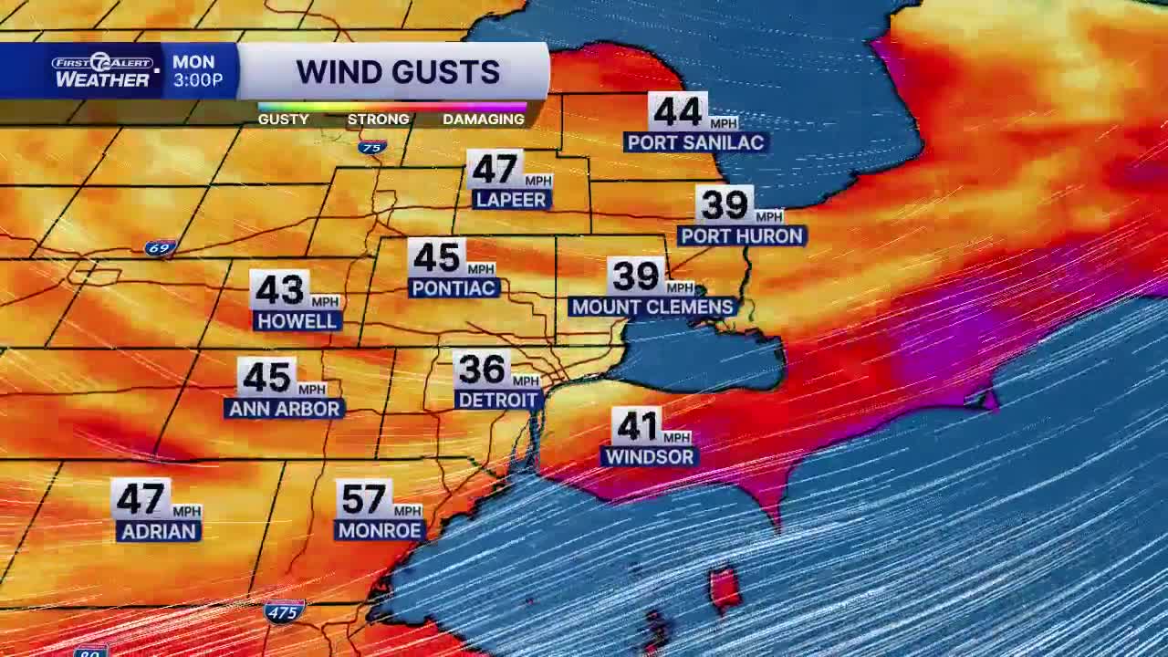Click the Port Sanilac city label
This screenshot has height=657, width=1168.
click(x=695, y=142)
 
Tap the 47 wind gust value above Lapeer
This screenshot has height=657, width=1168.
click(x=495, y=170)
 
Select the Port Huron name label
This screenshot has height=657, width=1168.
click(x=742, y=235)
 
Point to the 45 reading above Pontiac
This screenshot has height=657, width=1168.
click(x=436, y=258)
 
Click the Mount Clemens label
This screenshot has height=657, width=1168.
click(x=652, y=307)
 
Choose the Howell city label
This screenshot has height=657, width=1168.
click(x=297, y=321)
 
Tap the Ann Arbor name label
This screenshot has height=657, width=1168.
click(x=284, y=409)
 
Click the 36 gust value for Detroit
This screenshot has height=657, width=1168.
click(x=482, y=370)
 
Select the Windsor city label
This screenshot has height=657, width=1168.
click(x=650, y=456)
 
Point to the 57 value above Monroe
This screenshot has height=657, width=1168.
click(x=363, y=499)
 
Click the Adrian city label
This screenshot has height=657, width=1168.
click(x=158, y=531)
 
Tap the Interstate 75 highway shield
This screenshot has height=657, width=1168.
click(x=371, y=147)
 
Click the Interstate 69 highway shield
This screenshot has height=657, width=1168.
click(x=159, y=248)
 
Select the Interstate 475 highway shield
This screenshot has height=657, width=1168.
click(x=283, y=612)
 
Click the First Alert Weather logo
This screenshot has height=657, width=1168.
click(x=102, y=71)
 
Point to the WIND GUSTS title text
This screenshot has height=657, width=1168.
click(x=398, y=72)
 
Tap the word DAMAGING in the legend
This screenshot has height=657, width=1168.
click(x=484, y=120)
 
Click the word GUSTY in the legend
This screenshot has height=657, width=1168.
click(x=283, y=120)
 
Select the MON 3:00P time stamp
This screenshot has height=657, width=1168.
click(x=197, y=71)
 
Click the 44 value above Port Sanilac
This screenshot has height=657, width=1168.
click(x=678, y=112)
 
